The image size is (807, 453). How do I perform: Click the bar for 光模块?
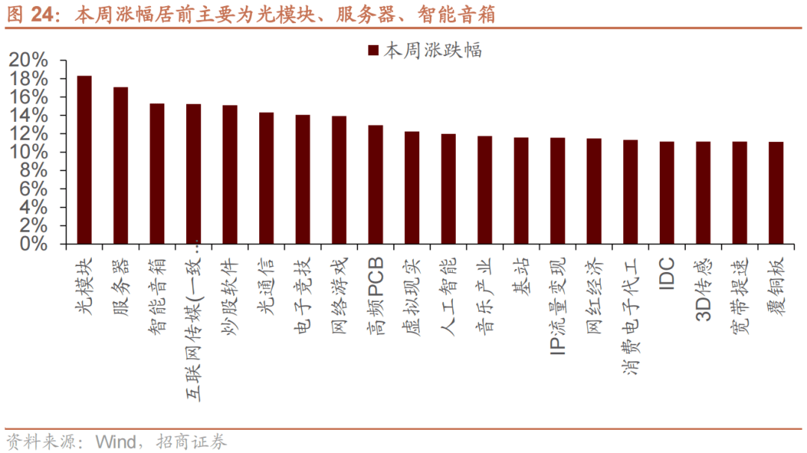(x=84, y=160)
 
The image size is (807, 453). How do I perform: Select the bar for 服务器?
(x=120, y=166)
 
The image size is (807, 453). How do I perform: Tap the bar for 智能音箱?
(x=157, y=174)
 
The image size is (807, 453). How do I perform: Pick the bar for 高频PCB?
(x=375, y=185)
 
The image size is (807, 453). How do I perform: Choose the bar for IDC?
(x=667, y=193)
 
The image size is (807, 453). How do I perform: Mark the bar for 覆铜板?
(x=776, y=193)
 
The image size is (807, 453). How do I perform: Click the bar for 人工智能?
(x=448, y=189)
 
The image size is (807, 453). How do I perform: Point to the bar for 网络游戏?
(x=338, y=180)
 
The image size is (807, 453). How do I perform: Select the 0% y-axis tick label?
(x=34, y=244)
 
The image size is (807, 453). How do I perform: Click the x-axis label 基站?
(x=521, y=277)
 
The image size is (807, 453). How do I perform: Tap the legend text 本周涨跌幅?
(x=433, y=50)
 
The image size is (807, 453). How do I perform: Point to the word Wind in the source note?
(x=116, y=441)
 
